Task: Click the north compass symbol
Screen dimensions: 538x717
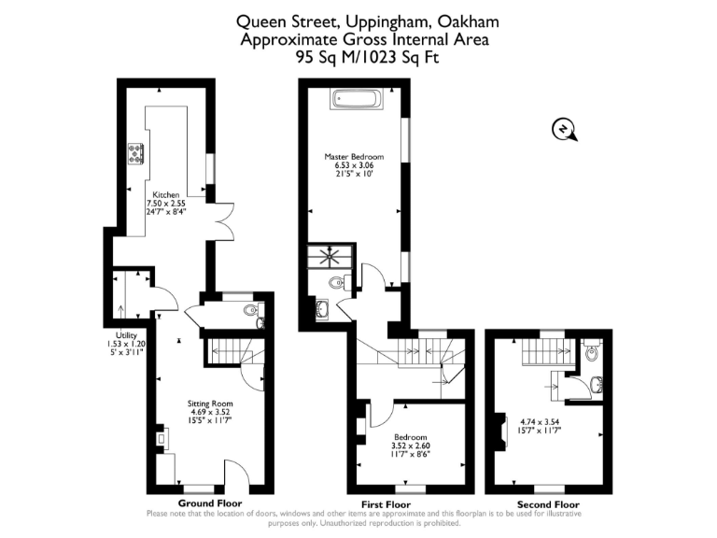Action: tap(564, 130)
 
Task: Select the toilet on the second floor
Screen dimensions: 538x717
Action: tap(591, 353)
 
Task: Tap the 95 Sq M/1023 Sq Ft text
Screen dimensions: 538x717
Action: tap(366, 57)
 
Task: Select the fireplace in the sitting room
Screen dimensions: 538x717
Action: tap(160, 436)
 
